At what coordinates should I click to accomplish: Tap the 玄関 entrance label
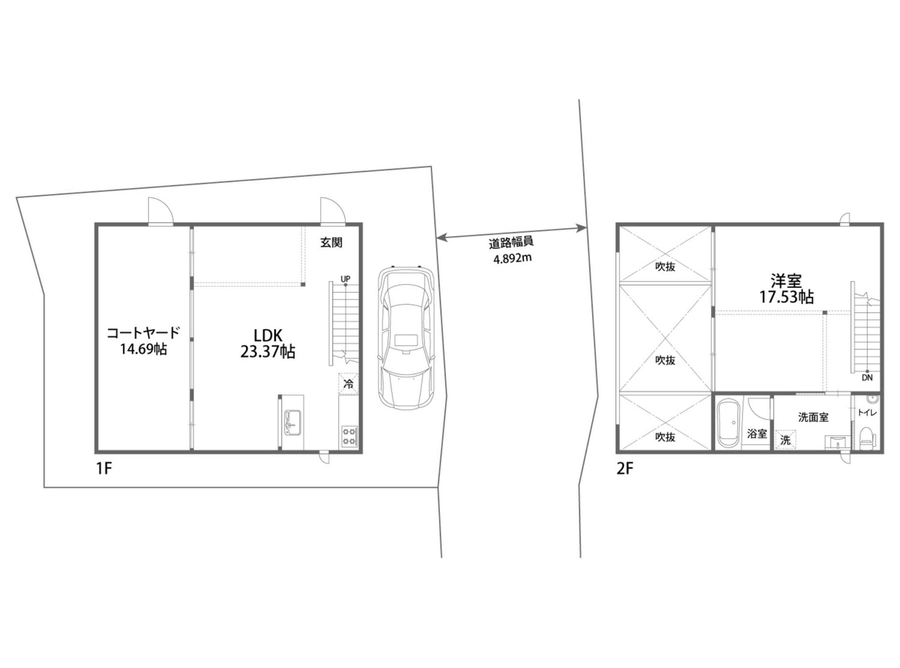click(331, 243)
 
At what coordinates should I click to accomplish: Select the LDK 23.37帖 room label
click(267, 343)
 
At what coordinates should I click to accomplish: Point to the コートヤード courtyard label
click(143, 341)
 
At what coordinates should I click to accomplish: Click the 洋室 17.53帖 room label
click(786, 289)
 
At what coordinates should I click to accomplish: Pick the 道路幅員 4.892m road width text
click(512, 250)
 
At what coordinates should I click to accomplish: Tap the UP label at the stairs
click(345, 279)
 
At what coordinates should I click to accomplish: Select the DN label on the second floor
click(867, 378)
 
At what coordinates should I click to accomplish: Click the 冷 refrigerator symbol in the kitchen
click(348, 383)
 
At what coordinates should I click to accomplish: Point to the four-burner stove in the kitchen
click(349, 436)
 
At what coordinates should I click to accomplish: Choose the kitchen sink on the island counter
click(292, 422)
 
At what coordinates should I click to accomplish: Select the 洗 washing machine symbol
click(785, 439)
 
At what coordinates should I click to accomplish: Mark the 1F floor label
click(103, 469)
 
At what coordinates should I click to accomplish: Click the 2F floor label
click(624, 469)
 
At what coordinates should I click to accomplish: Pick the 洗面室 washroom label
click(813, 417)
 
